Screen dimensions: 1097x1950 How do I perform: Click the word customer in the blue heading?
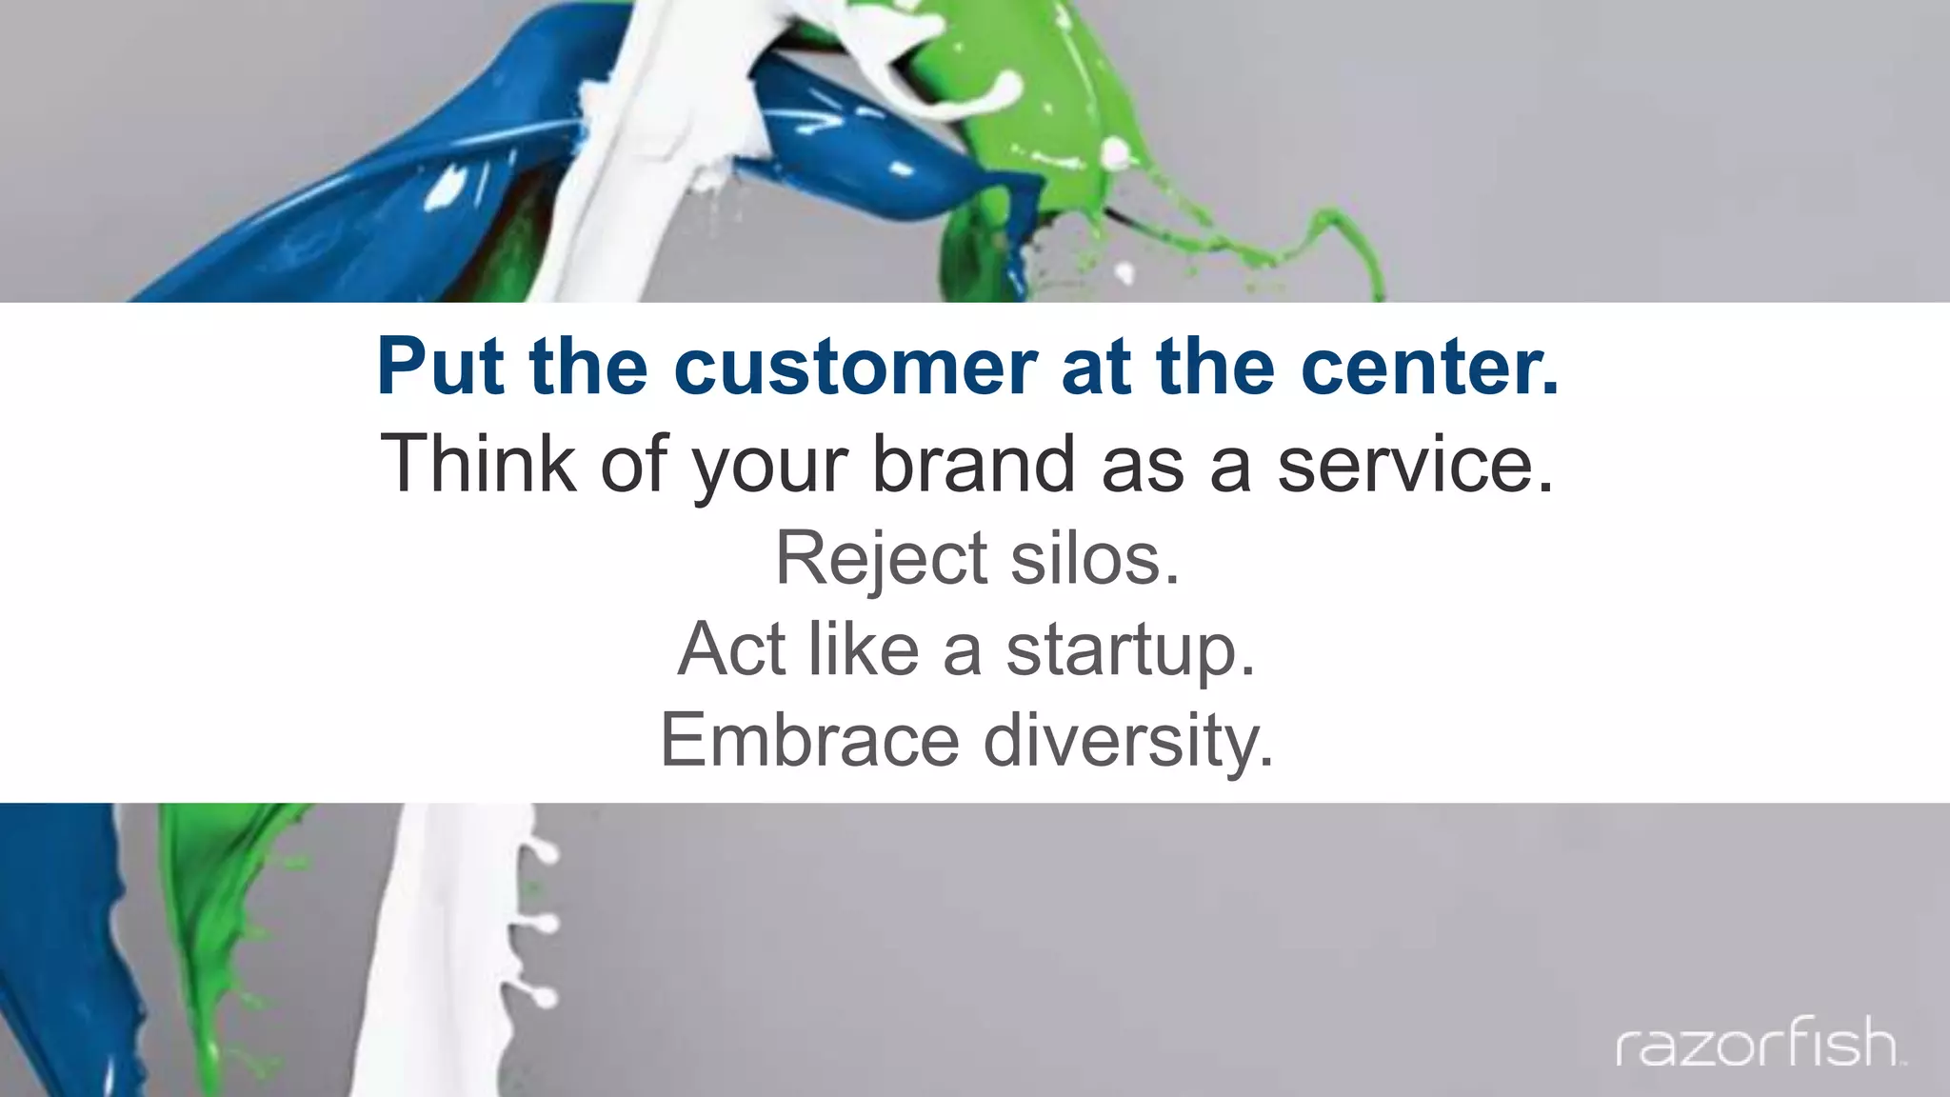coord(855,367)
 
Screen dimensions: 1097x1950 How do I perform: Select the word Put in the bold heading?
coord(440,367)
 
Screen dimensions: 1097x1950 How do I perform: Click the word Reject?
coord(881,558)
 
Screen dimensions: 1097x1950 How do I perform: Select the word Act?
coord(731,649)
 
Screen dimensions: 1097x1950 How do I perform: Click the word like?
coord(863,649)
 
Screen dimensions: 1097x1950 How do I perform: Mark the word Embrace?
coord(809,741)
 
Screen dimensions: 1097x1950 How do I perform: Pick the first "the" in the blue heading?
coord(588,367)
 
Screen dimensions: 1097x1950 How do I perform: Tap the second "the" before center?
coord(1214,367)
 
